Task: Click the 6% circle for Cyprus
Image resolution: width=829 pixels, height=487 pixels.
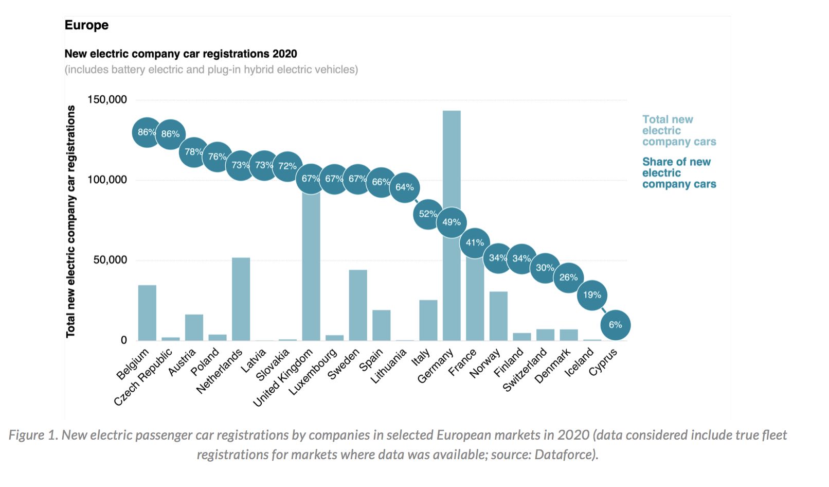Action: coord(615,325)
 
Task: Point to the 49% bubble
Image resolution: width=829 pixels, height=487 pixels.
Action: coord(452,222)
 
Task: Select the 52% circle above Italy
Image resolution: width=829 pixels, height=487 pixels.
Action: coord(428,214)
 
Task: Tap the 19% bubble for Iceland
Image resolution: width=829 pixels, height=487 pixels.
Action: coord(592,295)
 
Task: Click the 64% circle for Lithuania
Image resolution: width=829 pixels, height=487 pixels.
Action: coord(405,187)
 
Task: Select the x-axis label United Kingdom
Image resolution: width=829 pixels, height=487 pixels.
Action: coord(283,378)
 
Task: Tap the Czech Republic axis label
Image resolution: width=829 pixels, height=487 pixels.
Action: coord(143,378)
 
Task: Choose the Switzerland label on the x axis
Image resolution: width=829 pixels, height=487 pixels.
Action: coord(525,370)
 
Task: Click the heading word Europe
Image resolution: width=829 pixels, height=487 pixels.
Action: coord(86,25)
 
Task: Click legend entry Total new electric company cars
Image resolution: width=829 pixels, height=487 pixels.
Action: coord(678,131)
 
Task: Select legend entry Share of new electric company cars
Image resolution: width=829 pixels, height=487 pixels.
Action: coord(678,173)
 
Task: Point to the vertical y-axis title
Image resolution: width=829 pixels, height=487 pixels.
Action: coord(70,221)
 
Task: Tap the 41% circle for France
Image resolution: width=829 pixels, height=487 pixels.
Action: coord(475,242)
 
